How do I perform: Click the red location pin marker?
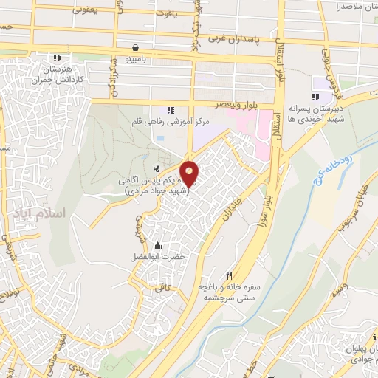coord(190,173)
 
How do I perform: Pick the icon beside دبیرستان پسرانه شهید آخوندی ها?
coord(315,97)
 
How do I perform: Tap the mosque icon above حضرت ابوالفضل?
coord(157,246)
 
